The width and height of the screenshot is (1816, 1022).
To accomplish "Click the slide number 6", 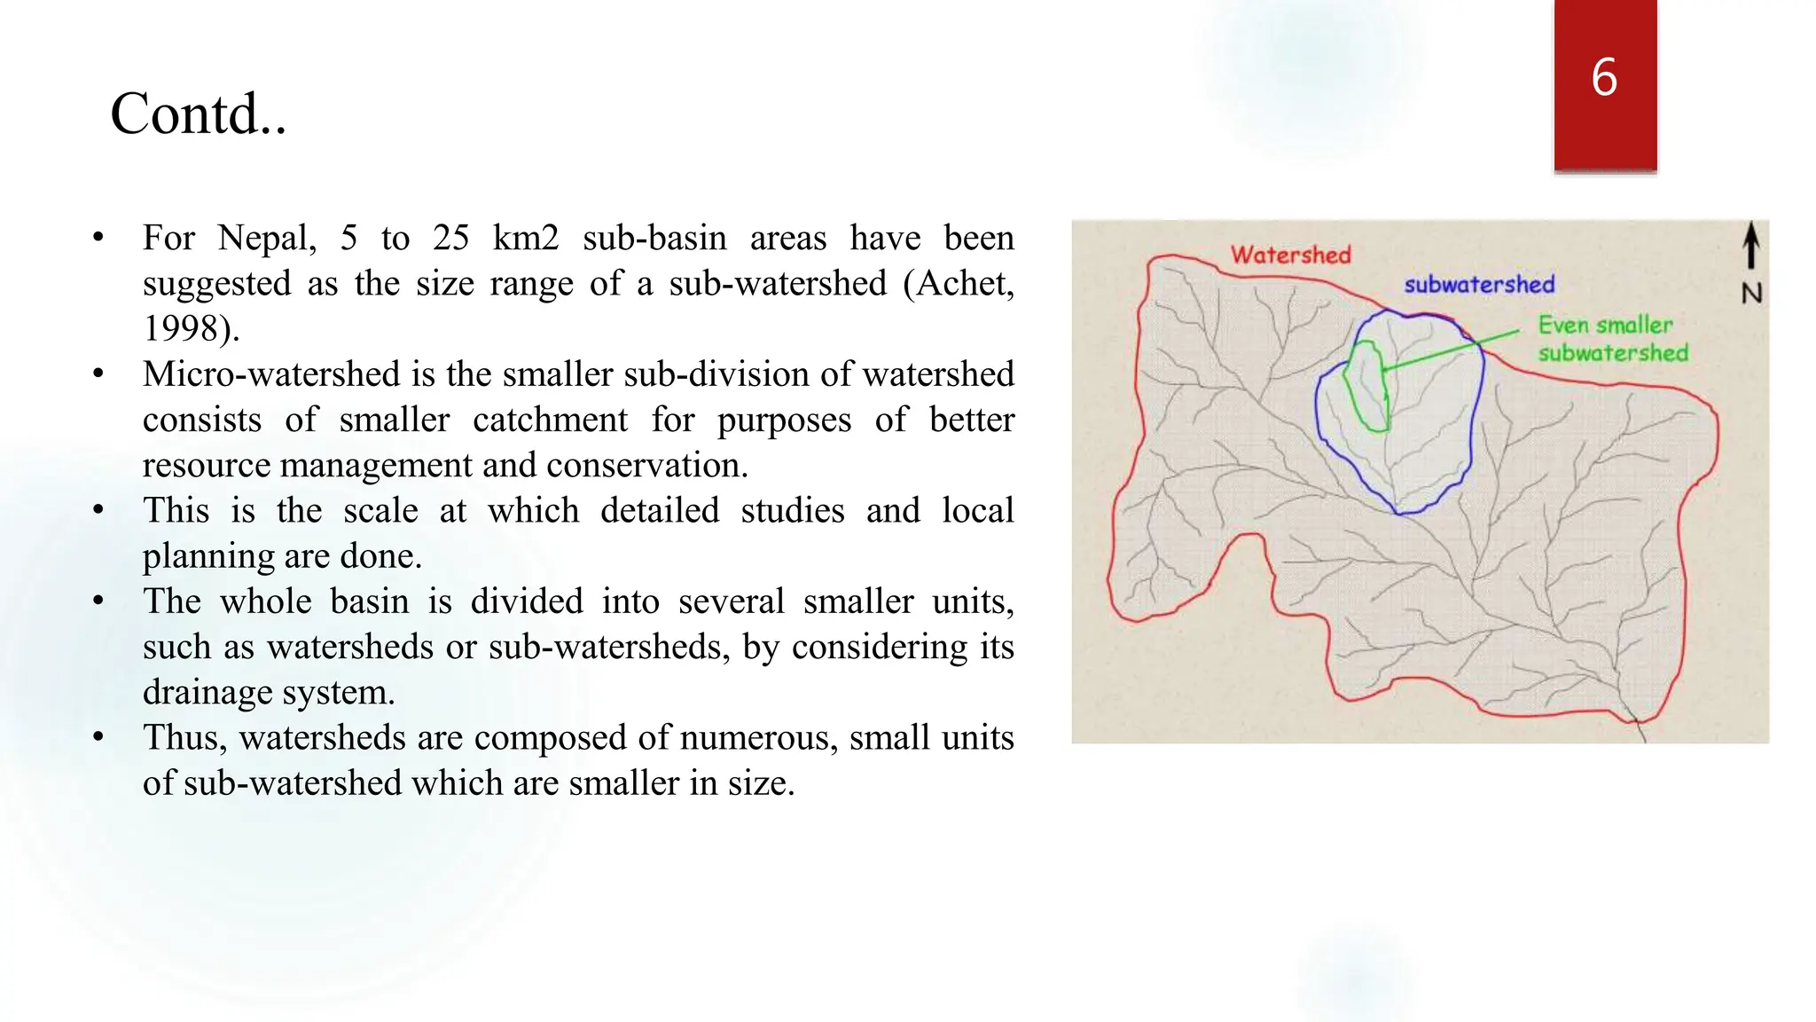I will (1604, 77).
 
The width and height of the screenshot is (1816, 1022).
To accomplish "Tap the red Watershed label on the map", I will (1290, 255).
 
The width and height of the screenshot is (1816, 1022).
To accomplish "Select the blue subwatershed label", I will (1479, 285).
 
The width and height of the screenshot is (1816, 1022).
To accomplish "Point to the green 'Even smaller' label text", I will (1605, 325).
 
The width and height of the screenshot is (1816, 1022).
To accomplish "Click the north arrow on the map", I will (1750, 245).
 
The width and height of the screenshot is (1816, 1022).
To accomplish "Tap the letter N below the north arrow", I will (1751, 293).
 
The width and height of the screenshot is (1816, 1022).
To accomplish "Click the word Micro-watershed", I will (271, 373).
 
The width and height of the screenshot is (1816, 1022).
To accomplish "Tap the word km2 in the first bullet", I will (525, 238).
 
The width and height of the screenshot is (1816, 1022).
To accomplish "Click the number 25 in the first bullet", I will (450, 238).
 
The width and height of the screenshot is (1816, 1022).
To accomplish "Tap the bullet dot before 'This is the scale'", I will (98, 510).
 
